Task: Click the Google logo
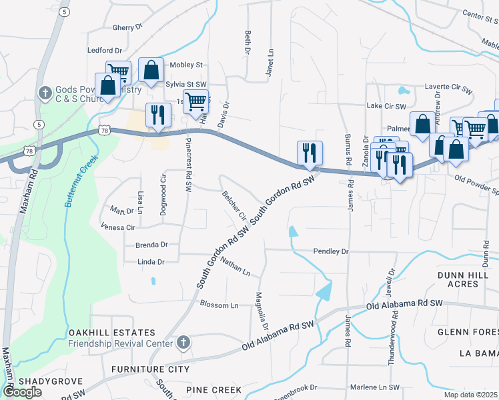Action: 23,391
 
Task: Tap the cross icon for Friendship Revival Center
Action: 184,343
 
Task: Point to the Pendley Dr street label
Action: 332,252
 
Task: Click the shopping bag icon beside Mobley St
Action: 151,69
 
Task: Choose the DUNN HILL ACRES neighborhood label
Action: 468,279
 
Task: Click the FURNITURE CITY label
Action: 150,369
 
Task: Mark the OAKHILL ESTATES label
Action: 111,333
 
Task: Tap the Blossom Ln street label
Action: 219,305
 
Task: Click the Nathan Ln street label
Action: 235,269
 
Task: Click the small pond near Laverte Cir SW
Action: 403,91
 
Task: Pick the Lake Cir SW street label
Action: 386,107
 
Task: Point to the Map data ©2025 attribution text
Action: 471,395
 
